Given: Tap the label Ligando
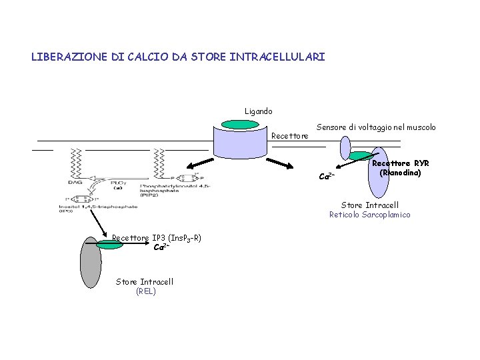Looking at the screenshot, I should (x=258, y=111).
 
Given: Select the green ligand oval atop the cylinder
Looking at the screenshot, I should (x=239, y=124).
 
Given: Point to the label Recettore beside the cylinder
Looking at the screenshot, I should (x=290, y=136).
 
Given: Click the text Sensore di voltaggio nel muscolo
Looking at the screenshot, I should (x=376, y=127).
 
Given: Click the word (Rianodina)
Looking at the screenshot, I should (x=400, y=173).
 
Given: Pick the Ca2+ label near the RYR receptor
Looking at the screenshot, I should (x=327, y=177).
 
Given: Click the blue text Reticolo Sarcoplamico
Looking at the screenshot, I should (x=369, y=215).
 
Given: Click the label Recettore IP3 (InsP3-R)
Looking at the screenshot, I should (x=157, y=238).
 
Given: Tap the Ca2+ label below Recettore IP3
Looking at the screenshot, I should (x=161, y=247).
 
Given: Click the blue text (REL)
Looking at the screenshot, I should (x=145, y=291).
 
